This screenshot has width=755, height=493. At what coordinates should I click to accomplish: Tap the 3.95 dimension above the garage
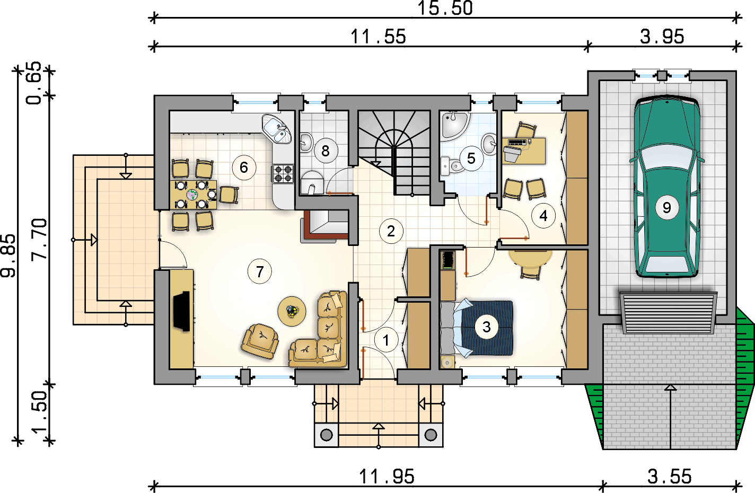(662, 37)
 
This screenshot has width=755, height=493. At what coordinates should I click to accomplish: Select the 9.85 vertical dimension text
(8, 256)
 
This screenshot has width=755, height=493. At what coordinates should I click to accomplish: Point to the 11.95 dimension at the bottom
(387, 477)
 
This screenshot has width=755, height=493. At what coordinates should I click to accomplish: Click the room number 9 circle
(666, 208)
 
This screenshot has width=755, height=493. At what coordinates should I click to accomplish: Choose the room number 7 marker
(260, 271)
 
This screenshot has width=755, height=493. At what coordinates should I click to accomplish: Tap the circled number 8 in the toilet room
(326, 151)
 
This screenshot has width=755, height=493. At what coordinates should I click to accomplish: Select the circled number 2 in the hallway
(391, 231)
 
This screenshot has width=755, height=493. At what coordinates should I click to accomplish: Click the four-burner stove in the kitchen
(283, 173)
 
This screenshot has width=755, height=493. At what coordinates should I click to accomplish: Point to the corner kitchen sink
(277, 129)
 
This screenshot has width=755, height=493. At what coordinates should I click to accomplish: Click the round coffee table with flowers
(292, 311)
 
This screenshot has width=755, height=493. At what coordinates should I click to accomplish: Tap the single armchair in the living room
(260, 341)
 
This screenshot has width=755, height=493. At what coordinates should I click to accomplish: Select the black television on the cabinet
(182, 311)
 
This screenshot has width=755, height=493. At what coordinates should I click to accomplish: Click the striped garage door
(668, 313)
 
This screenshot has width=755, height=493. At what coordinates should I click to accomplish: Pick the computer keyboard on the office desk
(517, 142)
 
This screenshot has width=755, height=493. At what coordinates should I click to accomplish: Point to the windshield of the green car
(666, 157)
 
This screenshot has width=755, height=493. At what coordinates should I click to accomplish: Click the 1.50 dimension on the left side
(39, 412)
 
